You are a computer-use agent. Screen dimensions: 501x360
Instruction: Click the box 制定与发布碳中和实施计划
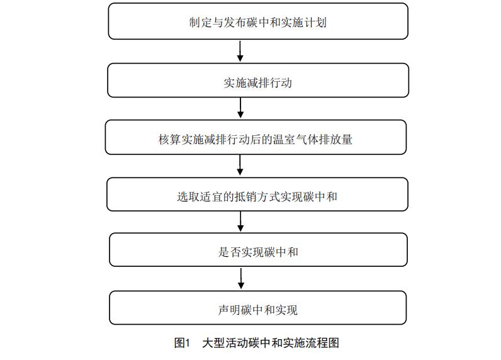coord(258,21)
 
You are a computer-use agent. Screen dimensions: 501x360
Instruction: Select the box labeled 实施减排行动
coord(258,80)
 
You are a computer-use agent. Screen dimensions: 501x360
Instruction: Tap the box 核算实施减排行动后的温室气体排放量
coord(256,137)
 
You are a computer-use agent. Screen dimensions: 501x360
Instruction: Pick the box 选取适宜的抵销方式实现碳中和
coord(257,194)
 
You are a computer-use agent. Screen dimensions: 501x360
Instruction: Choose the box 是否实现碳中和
coord(259,250)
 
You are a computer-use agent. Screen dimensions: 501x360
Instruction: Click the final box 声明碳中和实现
coord(258,308)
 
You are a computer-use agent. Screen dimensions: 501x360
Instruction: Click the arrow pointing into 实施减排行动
coord(240,51)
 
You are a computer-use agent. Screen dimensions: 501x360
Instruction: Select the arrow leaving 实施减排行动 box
coord(240,108)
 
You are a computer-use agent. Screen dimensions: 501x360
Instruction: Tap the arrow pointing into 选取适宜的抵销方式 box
coord(240,165)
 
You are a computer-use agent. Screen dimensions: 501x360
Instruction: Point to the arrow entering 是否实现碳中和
coord(240,222)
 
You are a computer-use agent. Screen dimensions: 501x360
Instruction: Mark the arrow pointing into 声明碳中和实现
coord(241,279)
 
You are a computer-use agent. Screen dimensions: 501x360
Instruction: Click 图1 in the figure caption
coord(182,343)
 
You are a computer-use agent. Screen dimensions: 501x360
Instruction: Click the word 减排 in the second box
coord(257,83)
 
